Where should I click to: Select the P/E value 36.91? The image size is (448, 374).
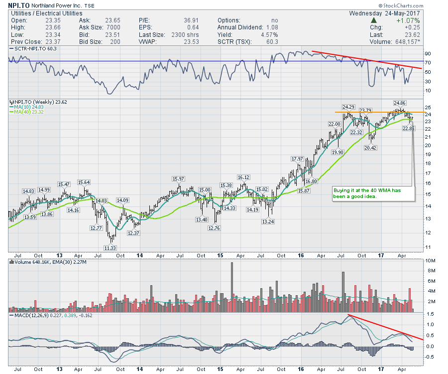click(x=178, y=20)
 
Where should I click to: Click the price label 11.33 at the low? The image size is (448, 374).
click(x=110, y=248)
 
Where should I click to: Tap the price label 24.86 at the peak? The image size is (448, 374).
click(x=400, y=103)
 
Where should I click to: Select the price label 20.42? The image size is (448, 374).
click(x=370, y=148)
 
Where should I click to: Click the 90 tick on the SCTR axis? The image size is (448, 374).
click(x=428, y=54)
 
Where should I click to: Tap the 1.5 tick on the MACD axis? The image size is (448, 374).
click(x=429, y=314)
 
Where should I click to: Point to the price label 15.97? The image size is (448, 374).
click(x=179, y=179)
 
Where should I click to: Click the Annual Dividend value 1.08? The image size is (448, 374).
click(x=271, y=27)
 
